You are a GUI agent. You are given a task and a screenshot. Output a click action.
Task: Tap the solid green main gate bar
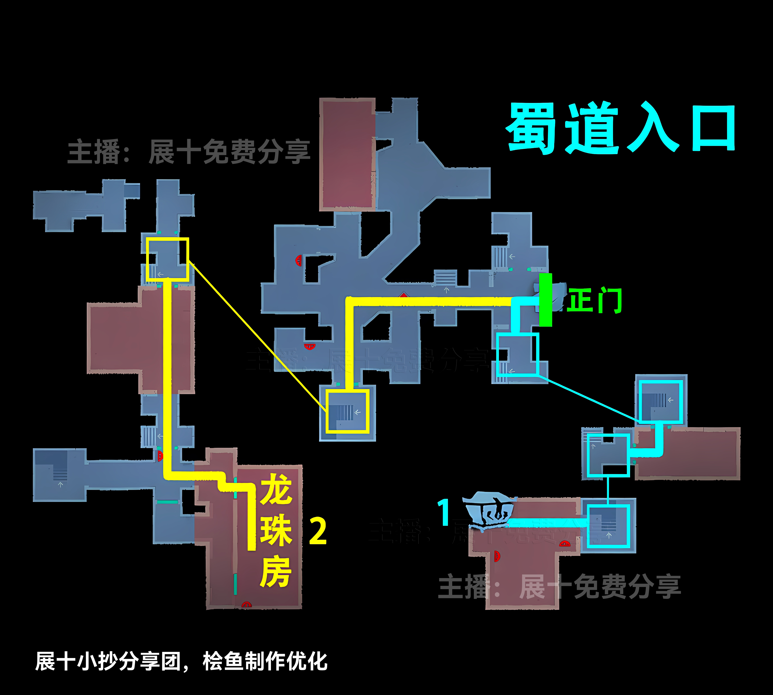(x=545, y=300)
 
